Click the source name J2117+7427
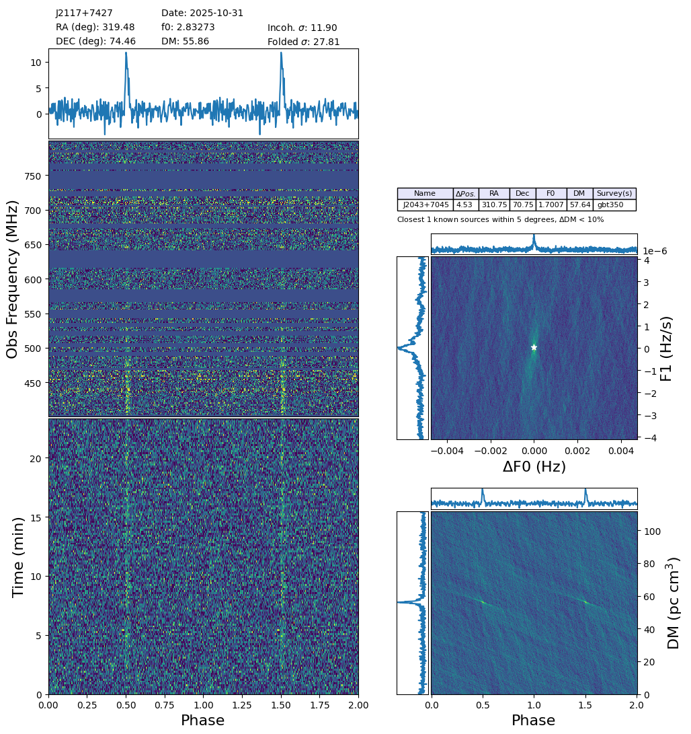pyautogui.click(x=84, y=13)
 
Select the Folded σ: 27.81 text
pyautogui.click(x=303, y=42)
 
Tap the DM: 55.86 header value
pyautogui.click(x=185, y=42)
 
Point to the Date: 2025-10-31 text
pyautogui.click(x=202, y=13)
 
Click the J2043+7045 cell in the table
pyautogui.click(x=425, y=205)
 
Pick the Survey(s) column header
pyautogui.click(x=614, y=194)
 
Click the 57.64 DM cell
pyautogui.click(x=579, y=205)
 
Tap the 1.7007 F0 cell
pyautogui.click(x=551, y=205)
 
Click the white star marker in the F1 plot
pyautogui.click(x=534, y=347)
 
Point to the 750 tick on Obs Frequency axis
pyautogui.click(x=33, y=176)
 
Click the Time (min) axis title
pyautogui.click(x=19, y=556)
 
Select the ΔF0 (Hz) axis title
pyautogui.click(x=534, y=467)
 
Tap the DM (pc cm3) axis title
pyautogui.click(x=673, y=602)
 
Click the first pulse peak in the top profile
pyautogui.click(x=126, y=54)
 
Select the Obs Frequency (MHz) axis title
pyautogui.click(x=13, y=279)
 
